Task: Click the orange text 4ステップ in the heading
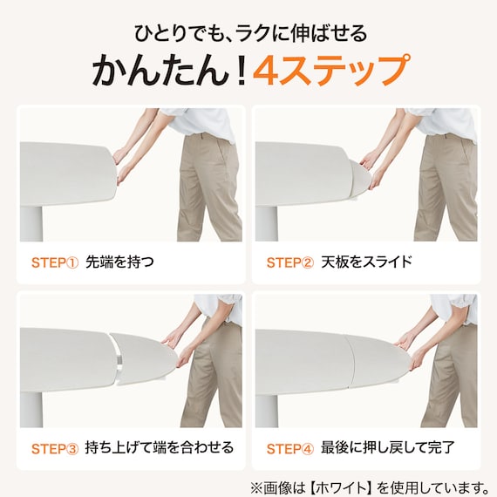331,70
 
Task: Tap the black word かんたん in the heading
160,70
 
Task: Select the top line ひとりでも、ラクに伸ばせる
250,33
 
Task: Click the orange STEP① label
55,262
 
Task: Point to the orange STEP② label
290,262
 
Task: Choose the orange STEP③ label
55,449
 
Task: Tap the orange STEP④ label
290,449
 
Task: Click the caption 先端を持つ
119,262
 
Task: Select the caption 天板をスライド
366,262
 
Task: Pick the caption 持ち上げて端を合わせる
160,448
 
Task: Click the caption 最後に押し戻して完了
388,448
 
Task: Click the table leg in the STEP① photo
31,224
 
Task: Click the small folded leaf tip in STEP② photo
360,178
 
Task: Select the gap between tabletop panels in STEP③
119,359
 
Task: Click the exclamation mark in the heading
242,70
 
